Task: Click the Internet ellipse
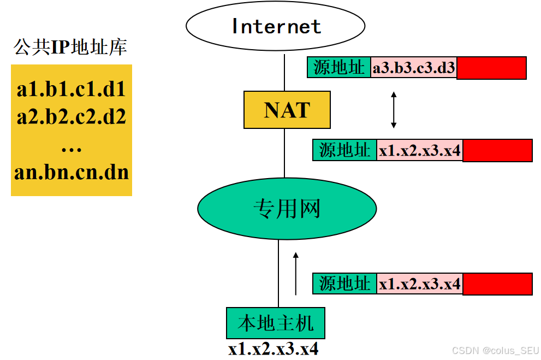pyautogui.click(x=276, y=26)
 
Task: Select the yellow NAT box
pyautogui.click(x=287, y=110)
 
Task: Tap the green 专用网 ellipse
pyautogui.click(x=287, y=209)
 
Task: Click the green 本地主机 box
pyautogui.click(x=276, y=323)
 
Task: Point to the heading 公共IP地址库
pyautogui.click(x=70, y=48)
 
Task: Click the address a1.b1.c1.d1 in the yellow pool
pyautogui.click(x=72, y=89)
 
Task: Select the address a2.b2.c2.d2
pyautogui.click(x=72, y=116)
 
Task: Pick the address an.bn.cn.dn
pyautogui.click(x=72, y=172)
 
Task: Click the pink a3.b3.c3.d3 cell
pyautogui.click(x=414, y=68)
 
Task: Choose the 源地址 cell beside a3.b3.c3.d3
pyautogui.click(x=339, y=67)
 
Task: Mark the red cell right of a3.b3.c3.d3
pyautogui.click(x=491, y=68)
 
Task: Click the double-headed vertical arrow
pyautogui.click(x=394, y=110)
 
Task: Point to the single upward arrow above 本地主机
pyautogui.click(x=296, y=273)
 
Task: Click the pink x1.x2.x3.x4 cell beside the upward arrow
pyautogui.click(x=420, y=284)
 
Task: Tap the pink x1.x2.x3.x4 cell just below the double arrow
pyautogui.click(x=420, y=150)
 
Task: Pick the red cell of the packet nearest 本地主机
pyautogui.click(x=497, y=284)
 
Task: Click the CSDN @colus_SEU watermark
pyautogui.click(x=496, y=350)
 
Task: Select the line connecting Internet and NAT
pyautogui.click(x=284, y=71)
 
